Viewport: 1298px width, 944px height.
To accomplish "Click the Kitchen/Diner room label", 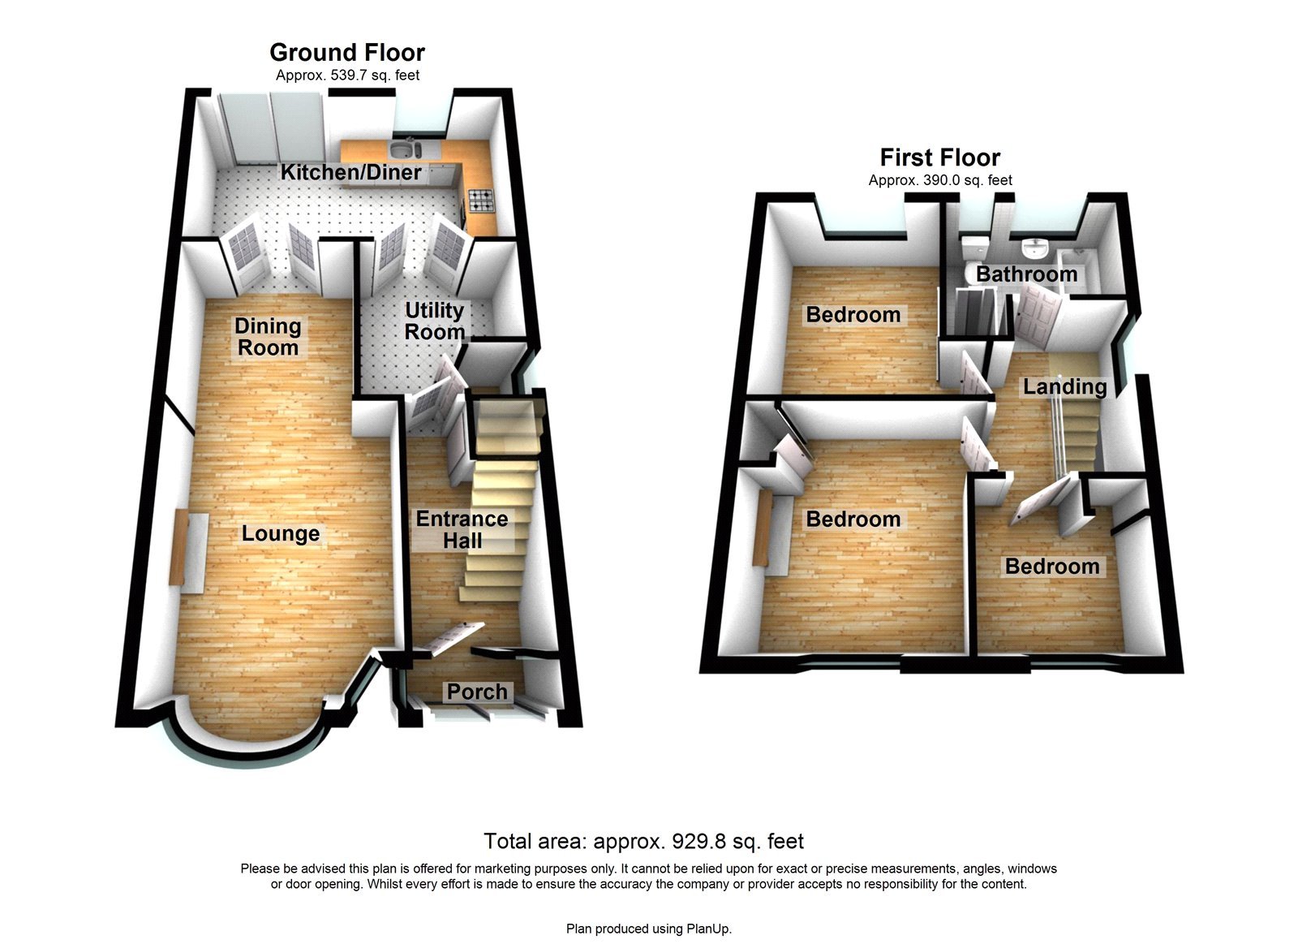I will click(350, 172).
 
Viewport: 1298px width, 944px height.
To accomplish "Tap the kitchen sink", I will click(403, 149).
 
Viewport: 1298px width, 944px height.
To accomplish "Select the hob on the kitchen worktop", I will click(479, 199).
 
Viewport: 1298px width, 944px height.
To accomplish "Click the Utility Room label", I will click(434, 321).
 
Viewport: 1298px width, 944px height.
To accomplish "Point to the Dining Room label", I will click(268, 337).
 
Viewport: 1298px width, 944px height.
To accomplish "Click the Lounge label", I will click(281, 533).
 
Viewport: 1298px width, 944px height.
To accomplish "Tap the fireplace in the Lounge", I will click(178, 549).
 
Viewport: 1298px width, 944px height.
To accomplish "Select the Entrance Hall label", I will click(462, 529).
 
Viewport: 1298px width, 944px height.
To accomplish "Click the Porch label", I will click(477, 692).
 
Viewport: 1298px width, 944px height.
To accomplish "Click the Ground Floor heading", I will click(347, 53).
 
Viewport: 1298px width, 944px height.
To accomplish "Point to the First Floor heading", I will click(940, 157).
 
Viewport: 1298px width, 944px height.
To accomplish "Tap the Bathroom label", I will click(1026, 274).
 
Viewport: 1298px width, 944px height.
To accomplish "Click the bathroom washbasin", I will click(1034, 247).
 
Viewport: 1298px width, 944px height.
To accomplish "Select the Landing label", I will click(1064, 386).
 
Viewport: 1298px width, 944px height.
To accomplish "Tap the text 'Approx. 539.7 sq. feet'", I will click(347, 75).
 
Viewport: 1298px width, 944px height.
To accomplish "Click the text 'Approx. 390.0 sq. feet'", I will click(940, 180).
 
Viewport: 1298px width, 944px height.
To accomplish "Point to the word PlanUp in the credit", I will click(708, 929).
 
